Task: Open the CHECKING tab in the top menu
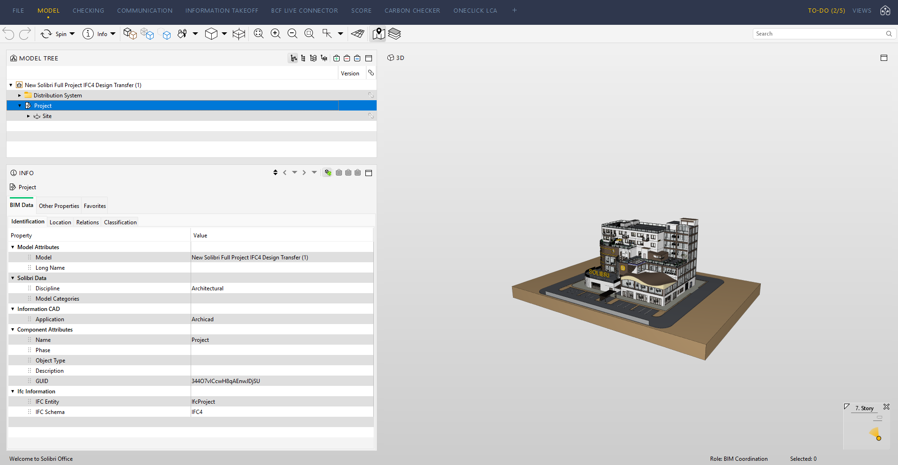coord(88,10)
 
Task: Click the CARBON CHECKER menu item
coord(412,10)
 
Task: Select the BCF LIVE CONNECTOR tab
coord(304,10)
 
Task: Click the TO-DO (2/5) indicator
coord(826,10)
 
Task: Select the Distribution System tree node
coord(58,96)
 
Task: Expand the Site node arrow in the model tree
coord(29,116)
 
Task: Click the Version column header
coord(350,74)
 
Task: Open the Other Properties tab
coord(59,206)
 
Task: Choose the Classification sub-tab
coord(120,222)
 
